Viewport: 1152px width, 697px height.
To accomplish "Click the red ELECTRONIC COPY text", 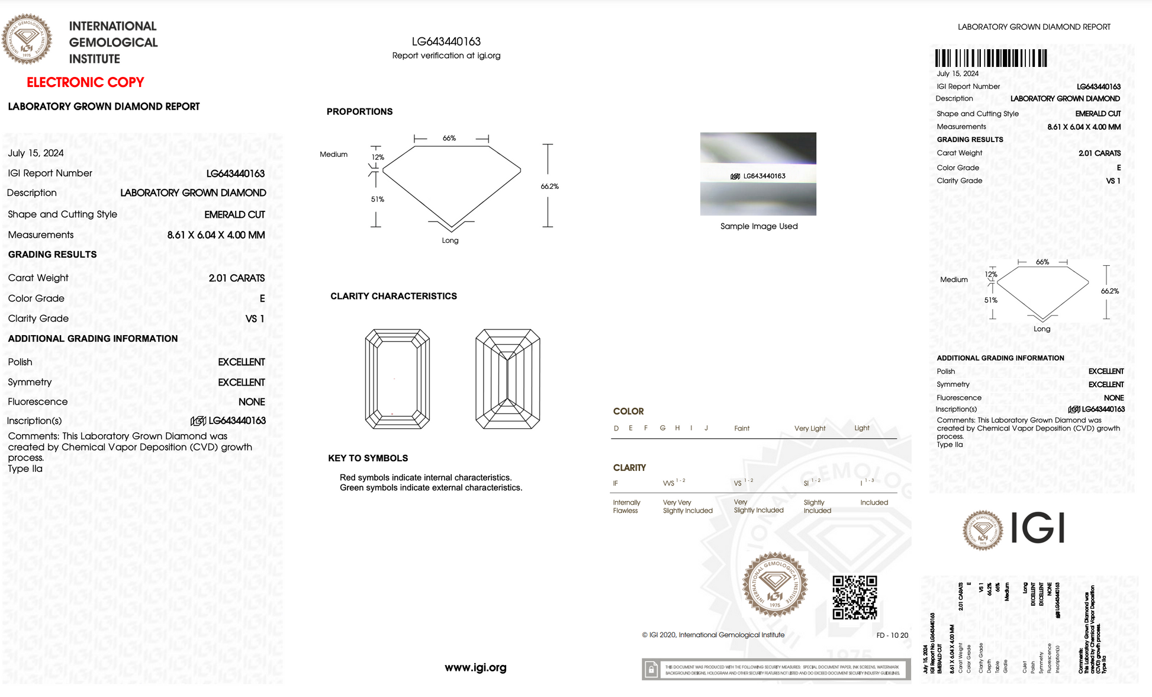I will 85,82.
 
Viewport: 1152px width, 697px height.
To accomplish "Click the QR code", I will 854,598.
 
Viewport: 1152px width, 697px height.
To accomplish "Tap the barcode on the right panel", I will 991,58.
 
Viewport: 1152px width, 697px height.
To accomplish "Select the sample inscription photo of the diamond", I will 758,174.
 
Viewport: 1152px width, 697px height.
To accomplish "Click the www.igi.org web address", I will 475,667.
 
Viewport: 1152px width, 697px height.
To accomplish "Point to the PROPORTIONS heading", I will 359,111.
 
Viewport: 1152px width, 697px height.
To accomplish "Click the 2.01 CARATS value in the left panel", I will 236,278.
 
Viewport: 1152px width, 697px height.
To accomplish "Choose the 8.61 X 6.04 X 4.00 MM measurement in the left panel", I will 215,235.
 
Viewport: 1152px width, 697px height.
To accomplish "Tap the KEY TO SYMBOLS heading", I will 368,458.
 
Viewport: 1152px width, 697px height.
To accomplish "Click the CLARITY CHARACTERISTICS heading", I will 393,296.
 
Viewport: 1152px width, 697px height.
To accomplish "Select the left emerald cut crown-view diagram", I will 397,379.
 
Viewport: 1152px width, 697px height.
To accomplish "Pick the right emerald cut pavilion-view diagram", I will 507,379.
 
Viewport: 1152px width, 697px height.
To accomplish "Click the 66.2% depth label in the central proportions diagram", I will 549,186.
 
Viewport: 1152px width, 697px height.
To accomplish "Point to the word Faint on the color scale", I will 741,428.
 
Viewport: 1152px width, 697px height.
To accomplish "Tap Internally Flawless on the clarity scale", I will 626,506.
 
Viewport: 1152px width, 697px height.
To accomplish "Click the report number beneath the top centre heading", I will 446,41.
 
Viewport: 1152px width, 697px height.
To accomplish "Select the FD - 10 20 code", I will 892,635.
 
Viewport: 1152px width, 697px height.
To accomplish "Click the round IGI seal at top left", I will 27,40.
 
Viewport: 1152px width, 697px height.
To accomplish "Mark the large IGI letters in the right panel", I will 1038,528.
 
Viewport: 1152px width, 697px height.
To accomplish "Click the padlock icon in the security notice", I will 651,670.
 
